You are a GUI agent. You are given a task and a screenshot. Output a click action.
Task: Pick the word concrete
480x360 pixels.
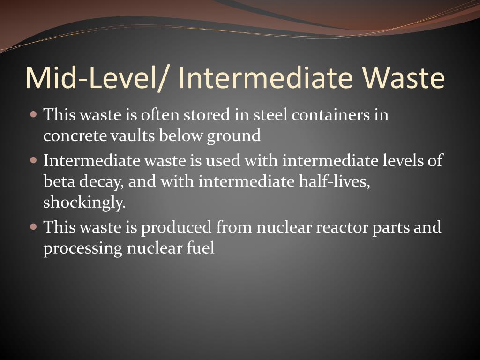tap(75, 135)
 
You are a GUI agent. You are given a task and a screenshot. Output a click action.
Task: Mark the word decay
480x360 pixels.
tap(99, 182)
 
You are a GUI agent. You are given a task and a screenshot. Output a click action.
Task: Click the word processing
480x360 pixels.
tap(82, 249)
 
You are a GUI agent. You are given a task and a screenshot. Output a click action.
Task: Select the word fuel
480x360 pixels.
tap(203, 248)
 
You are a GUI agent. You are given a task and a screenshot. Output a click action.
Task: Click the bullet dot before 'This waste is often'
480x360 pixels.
tap(33, 114)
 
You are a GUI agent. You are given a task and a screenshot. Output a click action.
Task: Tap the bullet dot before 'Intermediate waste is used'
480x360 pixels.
tap(33, 160)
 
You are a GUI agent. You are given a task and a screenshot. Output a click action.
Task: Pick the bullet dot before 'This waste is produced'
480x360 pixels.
tap(33, 227)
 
